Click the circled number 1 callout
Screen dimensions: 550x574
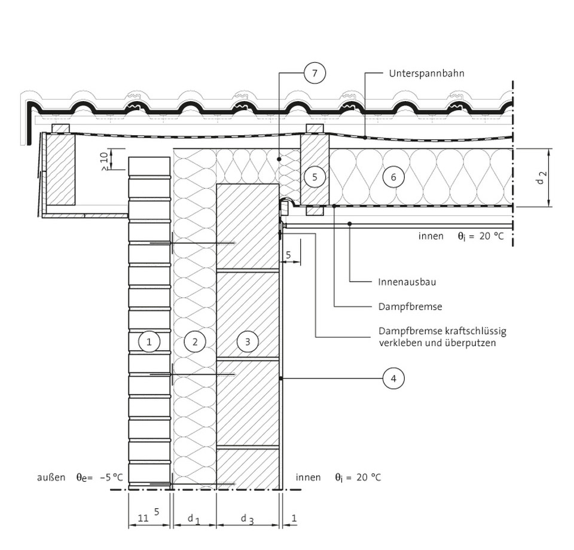tap(149, 341)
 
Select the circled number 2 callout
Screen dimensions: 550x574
tap(195, 341)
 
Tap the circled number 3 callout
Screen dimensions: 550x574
tap(248, 341)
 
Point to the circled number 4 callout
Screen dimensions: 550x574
tap(393, 378)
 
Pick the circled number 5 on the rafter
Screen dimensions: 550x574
tap(315, 176)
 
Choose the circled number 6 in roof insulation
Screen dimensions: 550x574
tap(393, 176)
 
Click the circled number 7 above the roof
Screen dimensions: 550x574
tap(315, 73)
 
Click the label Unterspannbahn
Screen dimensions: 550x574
tap(426, 74)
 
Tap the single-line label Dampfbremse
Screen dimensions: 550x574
tap(410, 307)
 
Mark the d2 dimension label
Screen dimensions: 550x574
tap(542, 178)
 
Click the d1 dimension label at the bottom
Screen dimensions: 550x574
tap(193, 518)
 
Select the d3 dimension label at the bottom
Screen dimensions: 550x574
tap(247, 518)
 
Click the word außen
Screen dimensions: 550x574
tap(51, 477)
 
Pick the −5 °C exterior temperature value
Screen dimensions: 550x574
tap(111, 477)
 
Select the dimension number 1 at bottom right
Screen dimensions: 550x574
tap(294, 518)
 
